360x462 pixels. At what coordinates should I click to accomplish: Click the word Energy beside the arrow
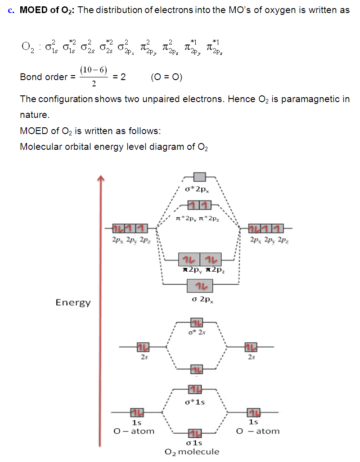tap(73, 302)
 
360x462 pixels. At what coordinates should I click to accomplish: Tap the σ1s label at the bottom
tap(194, 443)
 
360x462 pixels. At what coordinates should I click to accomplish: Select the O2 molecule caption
tap(192, 452)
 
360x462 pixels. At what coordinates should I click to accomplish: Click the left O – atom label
tap(134, 431)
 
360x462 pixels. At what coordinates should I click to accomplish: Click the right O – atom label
tap(258, 431)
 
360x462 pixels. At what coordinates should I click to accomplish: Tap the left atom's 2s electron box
tap(143, 347)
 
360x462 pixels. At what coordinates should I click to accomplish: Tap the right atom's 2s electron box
tap(250, 347)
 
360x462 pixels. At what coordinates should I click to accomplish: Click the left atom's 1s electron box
tap(137, 412)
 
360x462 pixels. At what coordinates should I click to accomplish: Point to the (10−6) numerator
tap(93, 70)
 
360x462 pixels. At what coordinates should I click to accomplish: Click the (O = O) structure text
tap(167, 77)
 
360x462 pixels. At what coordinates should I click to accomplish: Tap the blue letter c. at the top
tap(12, 10)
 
